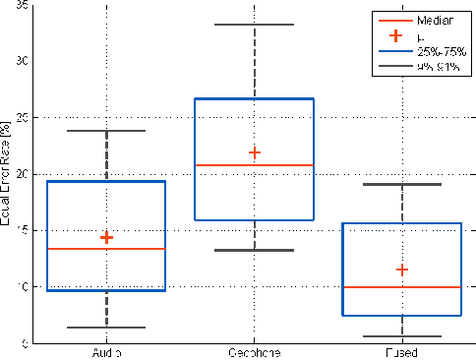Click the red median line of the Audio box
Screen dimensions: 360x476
coord(106,249)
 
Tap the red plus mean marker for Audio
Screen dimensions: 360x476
coord(106,237)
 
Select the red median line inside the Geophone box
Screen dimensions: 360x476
coord(254,165)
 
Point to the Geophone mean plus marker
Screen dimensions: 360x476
coord(255,152)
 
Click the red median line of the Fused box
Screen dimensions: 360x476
coord(401,287)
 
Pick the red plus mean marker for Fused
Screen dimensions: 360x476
coord(401,270)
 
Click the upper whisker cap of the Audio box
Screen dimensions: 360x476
coord(106,131)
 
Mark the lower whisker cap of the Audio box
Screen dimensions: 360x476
coord(106,328)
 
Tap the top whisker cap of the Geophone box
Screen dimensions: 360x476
coord(254,25)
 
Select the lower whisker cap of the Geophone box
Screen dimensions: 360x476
coord(254,250)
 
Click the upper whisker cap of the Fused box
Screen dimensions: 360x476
coord(401,184)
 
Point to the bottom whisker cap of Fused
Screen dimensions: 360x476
coord(401,336)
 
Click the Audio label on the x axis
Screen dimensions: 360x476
coord(106,352)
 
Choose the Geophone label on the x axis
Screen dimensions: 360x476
coord(254,352)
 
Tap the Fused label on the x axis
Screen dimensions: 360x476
coord(401,352)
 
